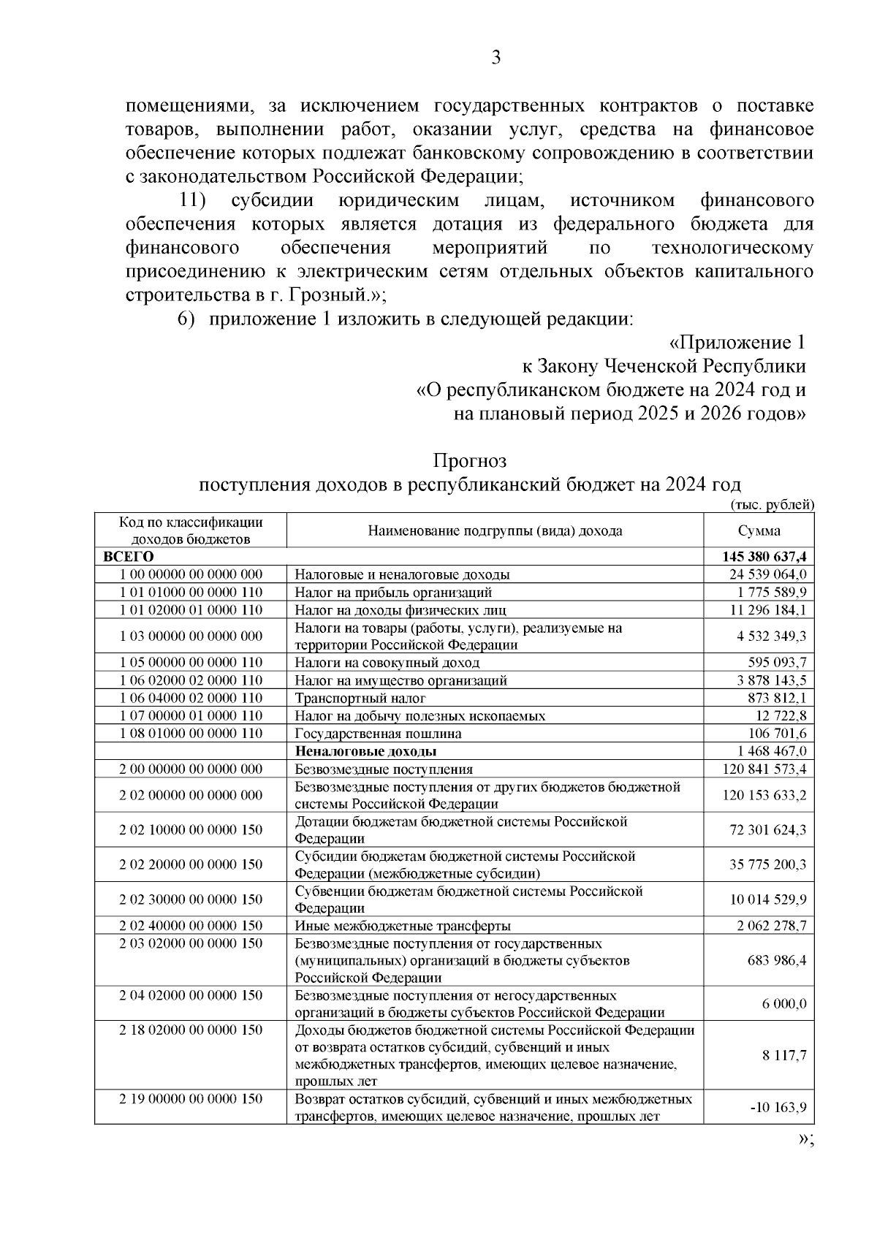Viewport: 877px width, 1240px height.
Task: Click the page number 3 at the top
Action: click(x=496, y=58)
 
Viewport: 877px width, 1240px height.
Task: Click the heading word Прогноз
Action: click(x=470, y=461)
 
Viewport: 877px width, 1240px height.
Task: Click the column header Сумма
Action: click(x=759, y=531)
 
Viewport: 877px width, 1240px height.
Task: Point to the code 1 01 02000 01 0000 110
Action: click(x=191, y=609)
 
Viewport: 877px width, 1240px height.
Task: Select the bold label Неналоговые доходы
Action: click(x=365, y=751)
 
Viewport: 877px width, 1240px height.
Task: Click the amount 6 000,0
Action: click(x=784, y=1004)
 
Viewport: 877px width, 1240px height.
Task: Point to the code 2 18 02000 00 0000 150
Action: click(x=191, y=1030)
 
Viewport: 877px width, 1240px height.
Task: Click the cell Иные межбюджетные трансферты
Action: click(x=402, y=927)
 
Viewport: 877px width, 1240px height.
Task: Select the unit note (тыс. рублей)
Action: click(x=772, y=505)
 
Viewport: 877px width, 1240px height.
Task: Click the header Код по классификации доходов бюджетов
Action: click(x=191, y=531)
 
